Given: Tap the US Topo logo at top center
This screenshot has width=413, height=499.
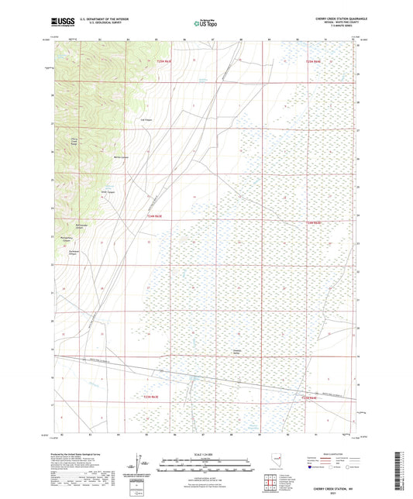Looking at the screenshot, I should [205, 24].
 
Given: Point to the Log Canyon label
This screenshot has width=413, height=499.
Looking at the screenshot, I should [146, 120].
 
